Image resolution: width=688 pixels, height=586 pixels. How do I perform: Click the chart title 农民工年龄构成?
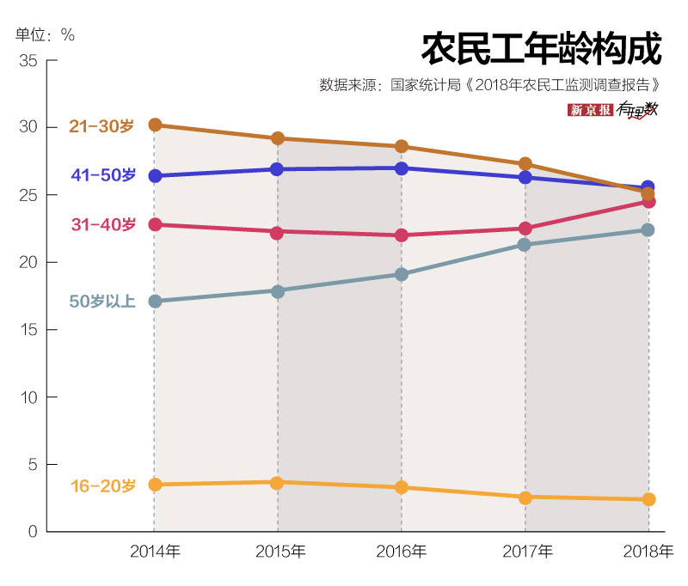[x=541, y=49]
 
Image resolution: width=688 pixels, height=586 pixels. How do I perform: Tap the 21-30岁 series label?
[x=101, y=126]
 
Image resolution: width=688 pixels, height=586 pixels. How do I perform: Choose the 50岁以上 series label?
[x=102, y=302]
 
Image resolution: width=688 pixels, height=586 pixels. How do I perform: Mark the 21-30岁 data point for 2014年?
[x=155, y=125]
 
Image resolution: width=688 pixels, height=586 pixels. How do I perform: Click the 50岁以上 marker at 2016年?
[x=402, y=274]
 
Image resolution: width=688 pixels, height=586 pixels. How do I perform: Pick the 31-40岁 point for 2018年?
[x=648, y=201]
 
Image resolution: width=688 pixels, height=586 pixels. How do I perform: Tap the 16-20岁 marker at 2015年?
[x=278, y=482]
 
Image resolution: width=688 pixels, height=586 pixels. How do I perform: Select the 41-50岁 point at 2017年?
[x=525, y=177]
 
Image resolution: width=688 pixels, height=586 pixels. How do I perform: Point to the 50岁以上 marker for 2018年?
[x=648, y=229]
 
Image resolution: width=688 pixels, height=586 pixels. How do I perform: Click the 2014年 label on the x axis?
[x=155, y=552]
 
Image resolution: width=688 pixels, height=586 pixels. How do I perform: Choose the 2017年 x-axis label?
[x=525, y=552]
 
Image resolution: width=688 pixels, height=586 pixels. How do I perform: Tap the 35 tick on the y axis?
[x=28, y=61]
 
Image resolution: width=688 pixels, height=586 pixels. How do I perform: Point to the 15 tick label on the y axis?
[x=28, y=330]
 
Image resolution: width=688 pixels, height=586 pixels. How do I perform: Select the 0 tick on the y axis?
[x=32, y=532]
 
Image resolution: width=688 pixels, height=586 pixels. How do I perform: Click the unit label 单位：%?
[x=45, y=35]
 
